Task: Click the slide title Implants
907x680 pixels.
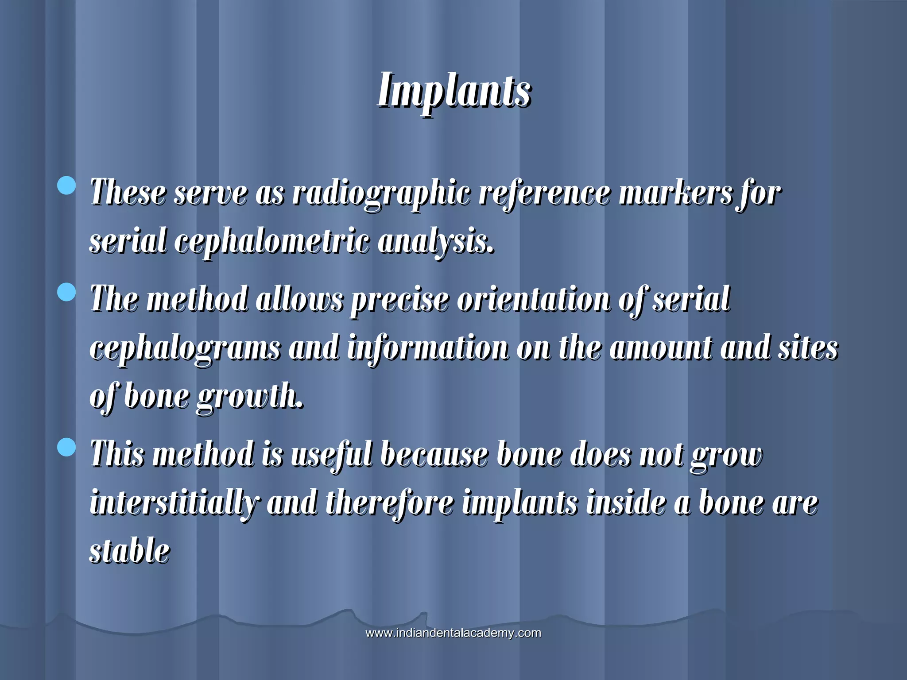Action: [x=454, y=91]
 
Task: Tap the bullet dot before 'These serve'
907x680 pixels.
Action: [x=67, y=185]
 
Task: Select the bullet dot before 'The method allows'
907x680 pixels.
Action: [x=67, y=292]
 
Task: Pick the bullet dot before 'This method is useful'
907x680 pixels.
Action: [x=67, y=447]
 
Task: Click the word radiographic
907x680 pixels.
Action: [x=381, y=194]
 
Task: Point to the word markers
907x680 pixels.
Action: [x=675, y=193]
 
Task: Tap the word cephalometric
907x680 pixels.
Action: [x=271, y=242]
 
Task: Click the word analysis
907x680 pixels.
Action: [x=436, y=242]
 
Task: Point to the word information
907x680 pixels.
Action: [x=428, y=348]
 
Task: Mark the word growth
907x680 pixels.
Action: [x=250, y=397]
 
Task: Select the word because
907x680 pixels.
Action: [x=434, y=455]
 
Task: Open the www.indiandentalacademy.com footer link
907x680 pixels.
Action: [x=453, y=633]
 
